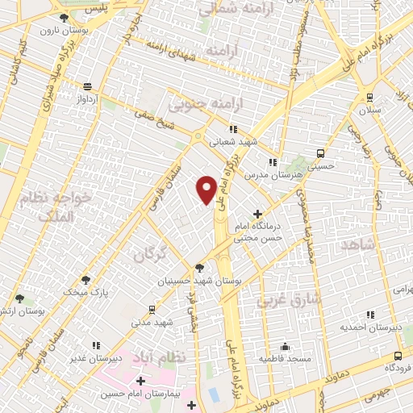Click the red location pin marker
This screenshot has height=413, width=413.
(x=206, y=190)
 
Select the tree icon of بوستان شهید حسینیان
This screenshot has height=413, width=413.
(x=198, y=268)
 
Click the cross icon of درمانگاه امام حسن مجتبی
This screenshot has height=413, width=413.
(x=257, y=214)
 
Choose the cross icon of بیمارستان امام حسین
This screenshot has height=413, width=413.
(x=141, y=381)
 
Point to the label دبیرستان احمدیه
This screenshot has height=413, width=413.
(x=369, y=327)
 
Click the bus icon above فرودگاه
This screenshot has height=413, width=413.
(x=398, y=356)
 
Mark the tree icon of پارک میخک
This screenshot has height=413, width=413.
(x=86, y=280)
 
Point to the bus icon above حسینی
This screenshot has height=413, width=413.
(x=320, y=153)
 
